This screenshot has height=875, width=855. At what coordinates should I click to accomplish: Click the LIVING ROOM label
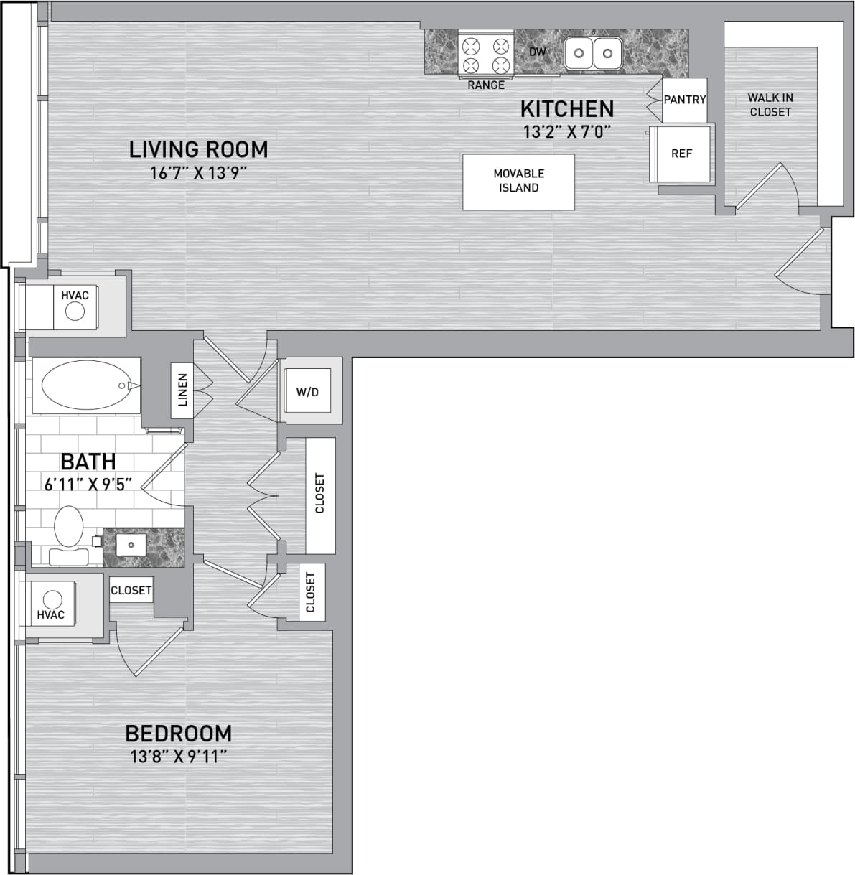198,149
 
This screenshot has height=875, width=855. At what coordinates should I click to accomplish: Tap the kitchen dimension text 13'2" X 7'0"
566,132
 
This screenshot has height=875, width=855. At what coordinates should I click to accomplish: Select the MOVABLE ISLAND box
518,181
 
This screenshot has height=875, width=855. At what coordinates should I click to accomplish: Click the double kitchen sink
592,53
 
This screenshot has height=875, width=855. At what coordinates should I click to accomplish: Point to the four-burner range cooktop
485,56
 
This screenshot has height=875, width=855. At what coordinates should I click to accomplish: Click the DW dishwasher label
537,52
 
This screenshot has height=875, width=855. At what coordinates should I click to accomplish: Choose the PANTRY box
684,100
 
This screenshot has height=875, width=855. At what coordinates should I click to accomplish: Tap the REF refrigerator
681,154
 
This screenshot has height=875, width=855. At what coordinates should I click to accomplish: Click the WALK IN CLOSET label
770,105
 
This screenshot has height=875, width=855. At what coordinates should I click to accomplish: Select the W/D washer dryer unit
307,393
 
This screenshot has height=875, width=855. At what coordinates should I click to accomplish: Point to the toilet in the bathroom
69,535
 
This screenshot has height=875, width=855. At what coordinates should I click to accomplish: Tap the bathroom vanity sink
131,545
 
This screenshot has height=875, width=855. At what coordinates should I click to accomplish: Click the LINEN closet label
182,390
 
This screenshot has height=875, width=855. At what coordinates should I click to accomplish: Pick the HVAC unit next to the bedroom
52,605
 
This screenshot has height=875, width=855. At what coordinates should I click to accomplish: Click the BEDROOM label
178,734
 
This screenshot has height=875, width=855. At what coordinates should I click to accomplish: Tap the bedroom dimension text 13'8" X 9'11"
179,757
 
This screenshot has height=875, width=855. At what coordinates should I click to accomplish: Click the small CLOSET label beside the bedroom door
131,590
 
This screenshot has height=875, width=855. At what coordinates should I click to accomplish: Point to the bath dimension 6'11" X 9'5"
88,485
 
